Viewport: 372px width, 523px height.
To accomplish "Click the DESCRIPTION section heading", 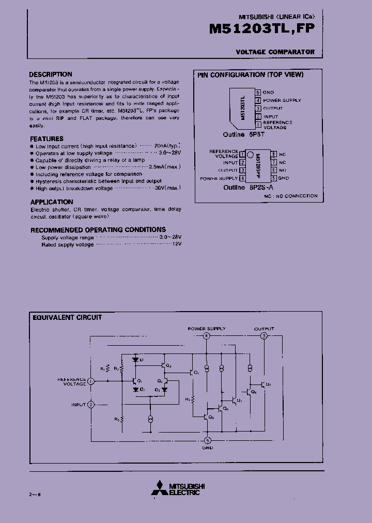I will [x=51, y=74].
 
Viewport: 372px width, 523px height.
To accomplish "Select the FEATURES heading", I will [x=47, y=139].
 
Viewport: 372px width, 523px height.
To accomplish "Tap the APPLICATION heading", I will [x=52, y=202].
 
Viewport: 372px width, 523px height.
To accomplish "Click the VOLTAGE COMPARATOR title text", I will [x=275, y=52].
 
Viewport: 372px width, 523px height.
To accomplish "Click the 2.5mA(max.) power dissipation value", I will [x=165, y=167].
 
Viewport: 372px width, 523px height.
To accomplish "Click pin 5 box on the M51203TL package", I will [x=258, y=92].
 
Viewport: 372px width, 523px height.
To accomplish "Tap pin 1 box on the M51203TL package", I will [x=258, y=125].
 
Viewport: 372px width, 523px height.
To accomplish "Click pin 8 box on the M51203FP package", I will [x=274, y=155].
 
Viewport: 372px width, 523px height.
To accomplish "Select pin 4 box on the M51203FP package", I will [x=242, y=178].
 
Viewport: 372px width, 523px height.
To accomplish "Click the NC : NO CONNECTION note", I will [x=291, y=196].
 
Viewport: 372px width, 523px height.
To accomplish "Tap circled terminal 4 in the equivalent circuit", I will [x=206, y=336].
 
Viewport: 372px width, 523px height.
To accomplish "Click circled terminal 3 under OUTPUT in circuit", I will [x=264, y=336].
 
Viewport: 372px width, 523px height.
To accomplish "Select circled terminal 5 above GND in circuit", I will [x=207, y=441].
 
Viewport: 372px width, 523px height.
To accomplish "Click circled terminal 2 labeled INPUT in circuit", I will [x=91, y=405].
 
